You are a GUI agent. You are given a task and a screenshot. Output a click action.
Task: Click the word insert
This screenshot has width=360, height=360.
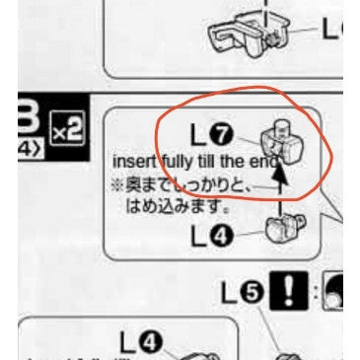[x=133, y=161]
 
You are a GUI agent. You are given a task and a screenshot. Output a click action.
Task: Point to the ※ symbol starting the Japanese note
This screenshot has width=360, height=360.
[x=117, y=184]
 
